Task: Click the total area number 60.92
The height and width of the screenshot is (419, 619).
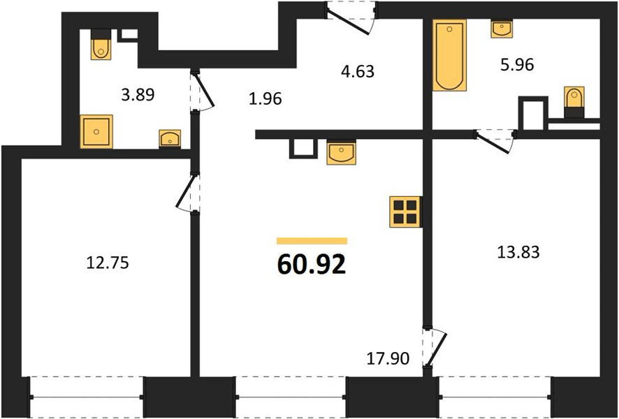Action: (x=312, y=264)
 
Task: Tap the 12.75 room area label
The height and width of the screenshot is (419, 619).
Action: (x=108, y=263)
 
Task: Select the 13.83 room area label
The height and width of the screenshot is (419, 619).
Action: (x=518, y=251)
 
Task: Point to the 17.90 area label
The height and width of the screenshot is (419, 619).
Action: (x=388, y=359)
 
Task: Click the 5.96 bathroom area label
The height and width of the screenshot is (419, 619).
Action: (x=517, y=64)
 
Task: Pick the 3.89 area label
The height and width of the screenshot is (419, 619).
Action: (x=138, y=95)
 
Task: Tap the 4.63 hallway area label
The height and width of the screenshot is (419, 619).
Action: (x=358, y=71)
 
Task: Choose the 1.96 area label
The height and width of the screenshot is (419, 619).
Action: (x=265, y=99)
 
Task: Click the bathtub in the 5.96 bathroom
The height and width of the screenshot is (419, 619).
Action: (x=449, y=55)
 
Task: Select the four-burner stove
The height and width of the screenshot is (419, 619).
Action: (x=405, y=212)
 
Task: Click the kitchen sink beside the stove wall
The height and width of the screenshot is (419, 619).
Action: (x=341, y=152)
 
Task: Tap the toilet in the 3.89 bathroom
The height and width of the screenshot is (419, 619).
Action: (x=101, y=45)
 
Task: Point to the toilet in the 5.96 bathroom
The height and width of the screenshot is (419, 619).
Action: (x=574, y=102)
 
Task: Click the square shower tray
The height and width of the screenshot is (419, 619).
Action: (x=96, y=132)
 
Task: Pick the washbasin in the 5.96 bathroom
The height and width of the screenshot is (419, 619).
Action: (x=502, y=29)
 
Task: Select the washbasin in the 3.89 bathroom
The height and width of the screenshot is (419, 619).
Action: (x=170, y=139)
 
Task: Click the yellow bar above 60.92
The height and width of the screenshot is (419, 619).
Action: (x=312, y=241)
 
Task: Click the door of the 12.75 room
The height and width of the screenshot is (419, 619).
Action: (x=187, y=193)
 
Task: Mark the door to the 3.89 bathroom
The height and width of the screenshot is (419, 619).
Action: (x=203, y=90)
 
